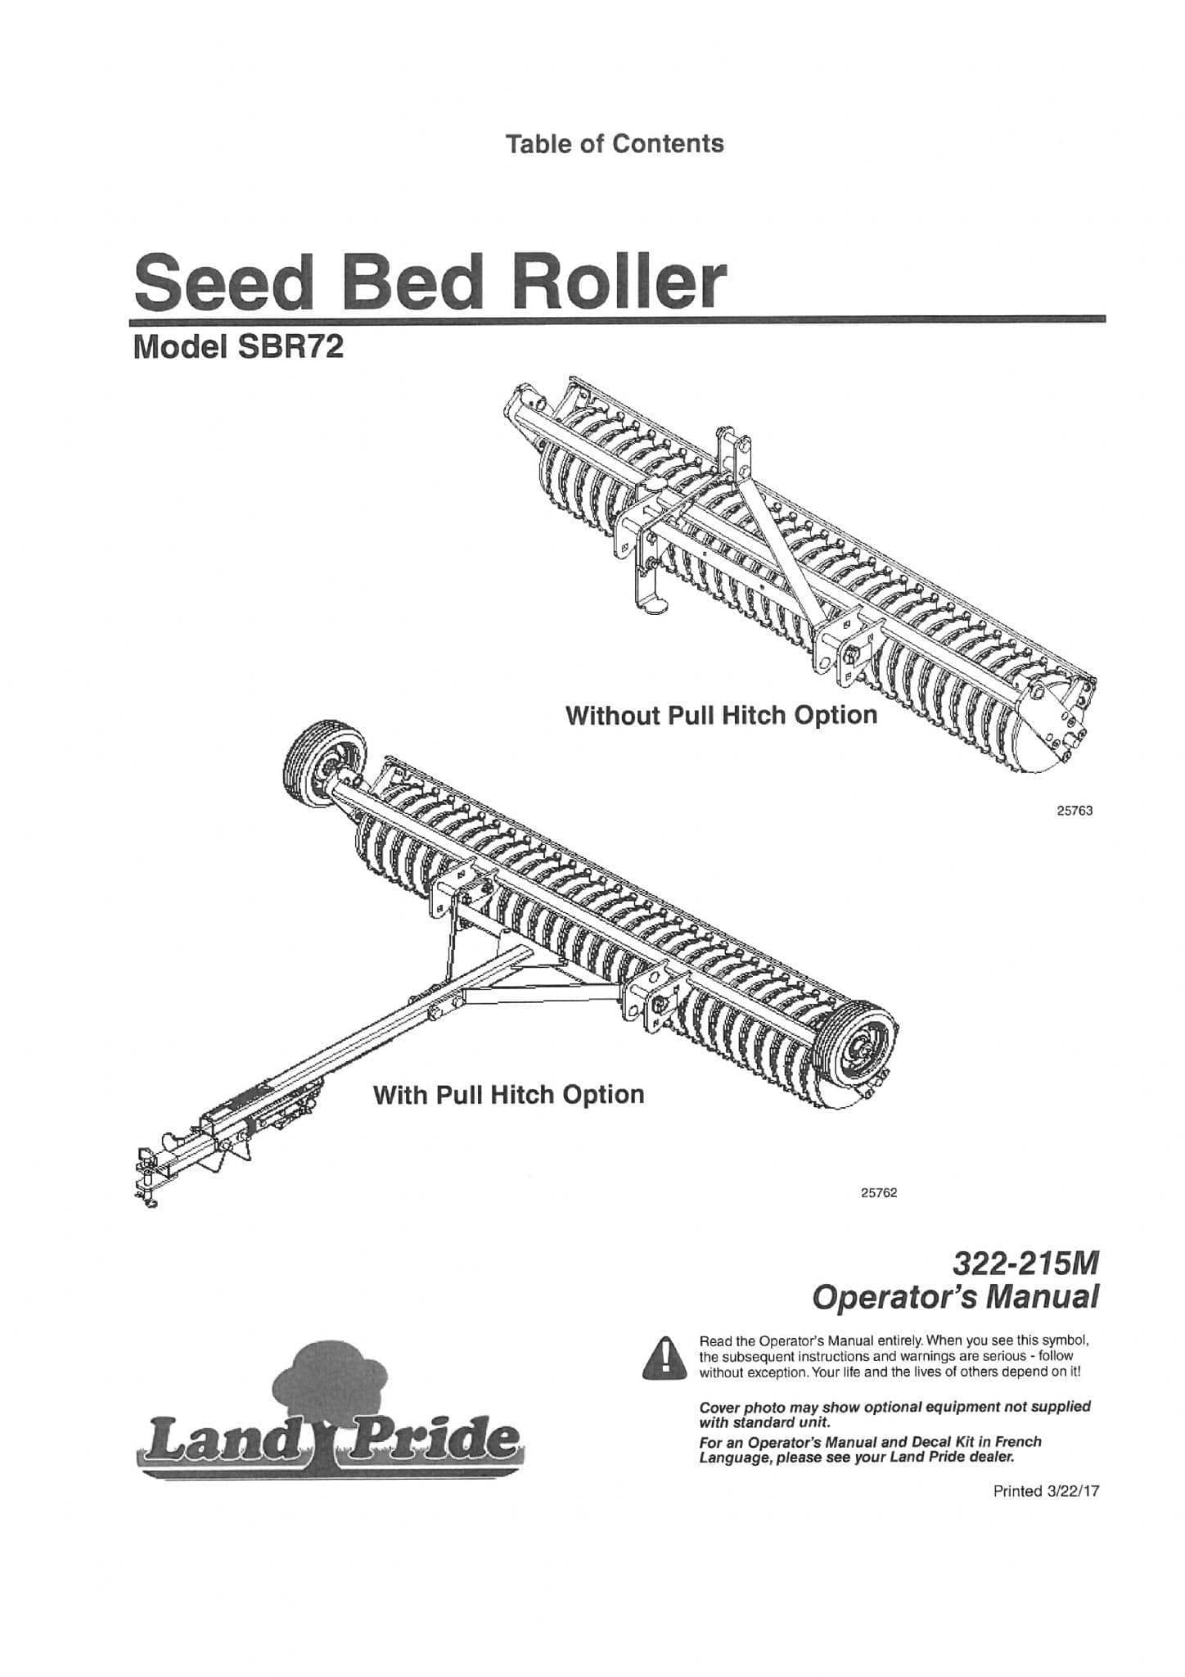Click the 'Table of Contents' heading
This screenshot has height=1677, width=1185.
point(615,144)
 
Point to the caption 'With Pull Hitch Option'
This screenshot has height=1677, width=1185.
point(508,1095)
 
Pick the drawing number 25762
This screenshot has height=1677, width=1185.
point(879,1193)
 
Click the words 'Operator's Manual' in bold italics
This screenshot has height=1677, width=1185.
point(953,1298)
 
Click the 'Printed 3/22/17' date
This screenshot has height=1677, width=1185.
point(1045,1491)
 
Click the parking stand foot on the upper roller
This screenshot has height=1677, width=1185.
point(654,606)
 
